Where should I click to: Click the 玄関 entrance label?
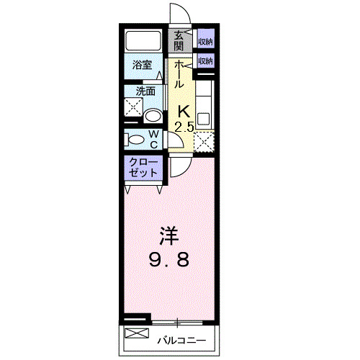177,40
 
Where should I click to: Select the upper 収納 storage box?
205,41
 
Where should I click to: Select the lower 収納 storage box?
205,60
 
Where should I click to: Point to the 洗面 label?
146,91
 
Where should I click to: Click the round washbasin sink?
153,116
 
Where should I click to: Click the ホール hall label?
178,75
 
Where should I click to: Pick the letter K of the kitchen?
184,112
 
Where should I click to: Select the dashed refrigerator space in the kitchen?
204,141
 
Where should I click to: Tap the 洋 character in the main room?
168,235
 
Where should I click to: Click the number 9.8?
168,259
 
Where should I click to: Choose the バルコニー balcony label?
181,339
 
